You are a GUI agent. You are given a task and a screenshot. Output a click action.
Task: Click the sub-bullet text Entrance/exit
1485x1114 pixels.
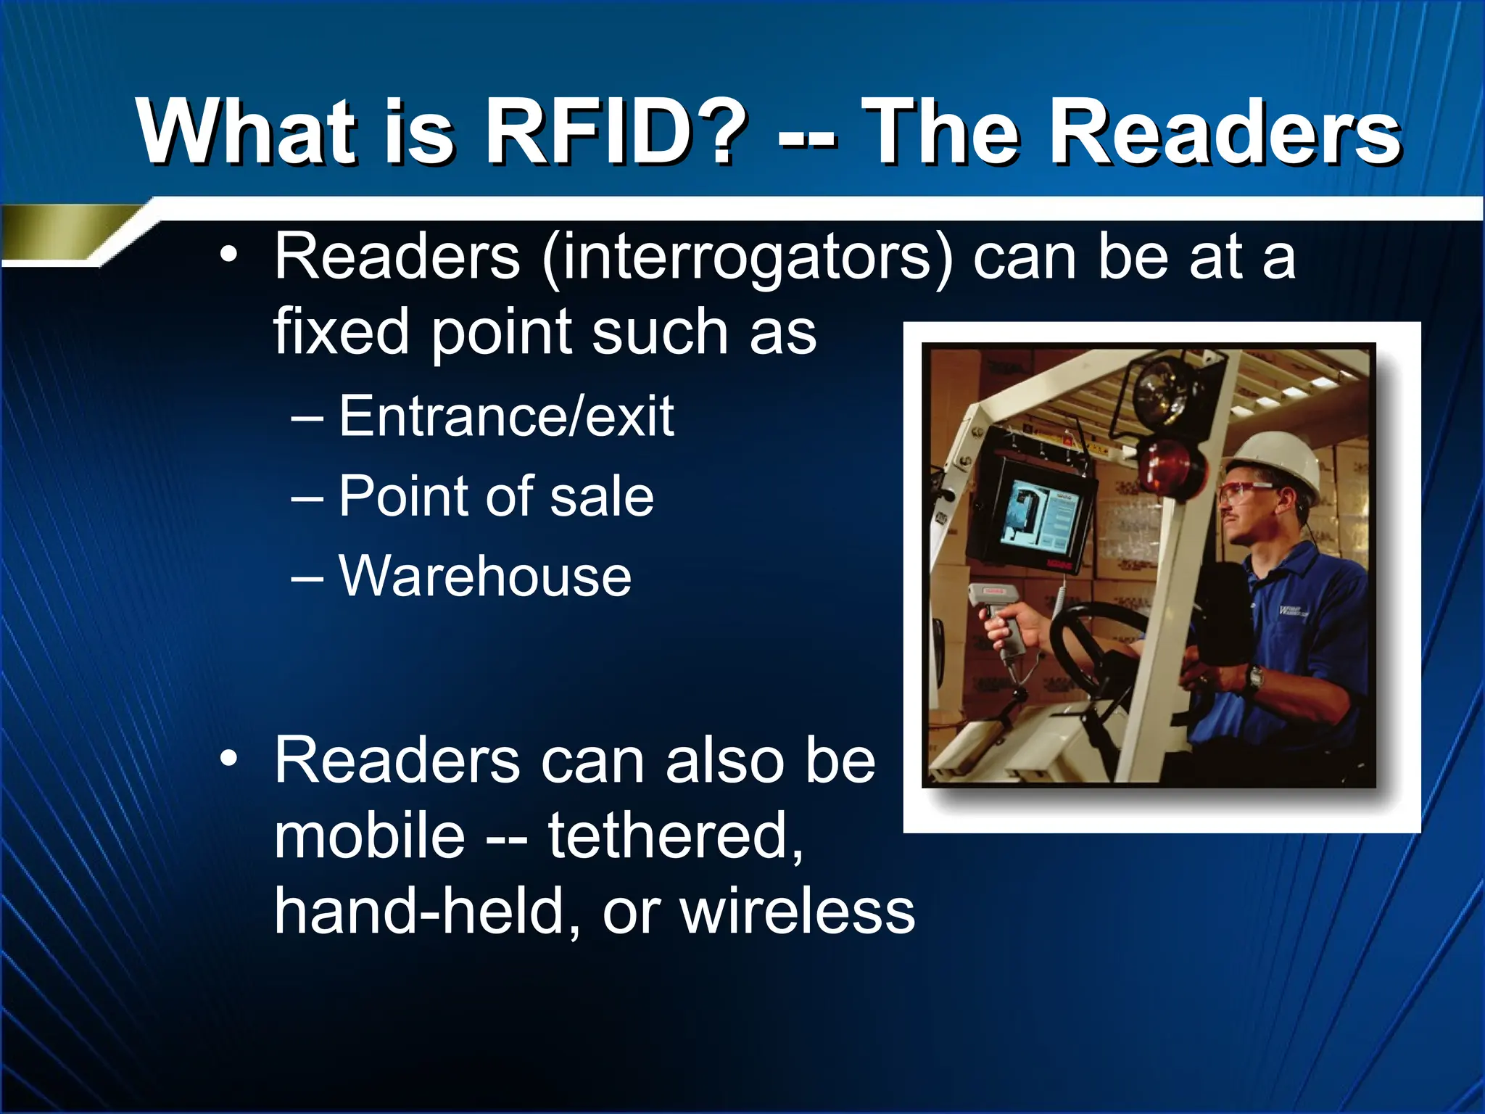(x=506, y=417)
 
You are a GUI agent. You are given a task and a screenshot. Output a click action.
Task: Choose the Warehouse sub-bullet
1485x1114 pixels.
(x=485, y=577)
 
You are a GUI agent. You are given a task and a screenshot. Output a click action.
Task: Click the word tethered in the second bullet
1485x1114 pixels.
(x=674, y=836)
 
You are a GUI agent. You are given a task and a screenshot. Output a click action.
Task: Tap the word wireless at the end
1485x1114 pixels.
(x=798, y=912)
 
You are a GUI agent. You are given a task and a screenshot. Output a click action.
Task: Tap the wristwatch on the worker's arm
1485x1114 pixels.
(x=1254, y=679)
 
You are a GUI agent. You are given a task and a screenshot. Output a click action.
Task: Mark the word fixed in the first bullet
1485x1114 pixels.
(x=341, y=333)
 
